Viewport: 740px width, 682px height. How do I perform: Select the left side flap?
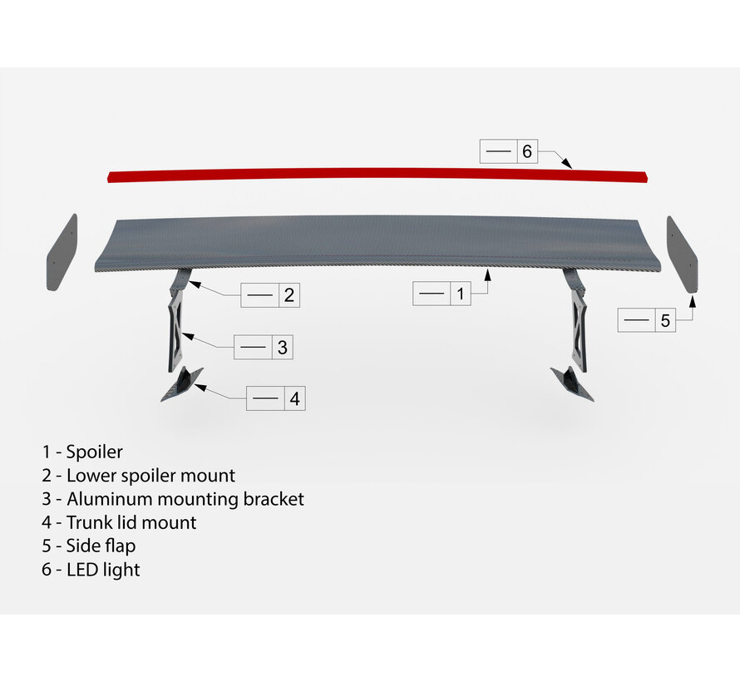tap(62, 253)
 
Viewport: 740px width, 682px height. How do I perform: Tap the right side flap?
tap(682, 253)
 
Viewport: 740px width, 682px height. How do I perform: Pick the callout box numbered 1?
tap(442, 294)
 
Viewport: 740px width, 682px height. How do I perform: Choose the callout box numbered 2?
tap(269, 294)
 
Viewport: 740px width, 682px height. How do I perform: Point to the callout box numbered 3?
tap(264, 347)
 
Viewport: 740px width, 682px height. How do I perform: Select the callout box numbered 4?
tap(276, 398)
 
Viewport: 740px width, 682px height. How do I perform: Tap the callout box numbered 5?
tap(648, 320)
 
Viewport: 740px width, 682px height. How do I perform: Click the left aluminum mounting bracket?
tap(175, 328)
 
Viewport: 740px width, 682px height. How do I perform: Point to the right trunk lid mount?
tap(572, 383)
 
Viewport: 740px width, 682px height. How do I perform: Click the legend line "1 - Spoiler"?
tap(82, 452)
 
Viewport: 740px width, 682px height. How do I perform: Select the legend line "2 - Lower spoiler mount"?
tap(139, 476)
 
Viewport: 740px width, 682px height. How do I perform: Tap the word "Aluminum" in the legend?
tap(109, 499)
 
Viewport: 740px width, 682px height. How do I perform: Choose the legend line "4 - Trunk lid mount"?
tap(120, 522)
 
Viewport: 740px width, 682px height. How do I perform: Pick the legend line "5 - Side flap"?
tap(89, 546)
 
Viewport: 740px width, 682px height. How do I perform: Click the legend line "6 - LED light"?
tap(91, 570)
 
